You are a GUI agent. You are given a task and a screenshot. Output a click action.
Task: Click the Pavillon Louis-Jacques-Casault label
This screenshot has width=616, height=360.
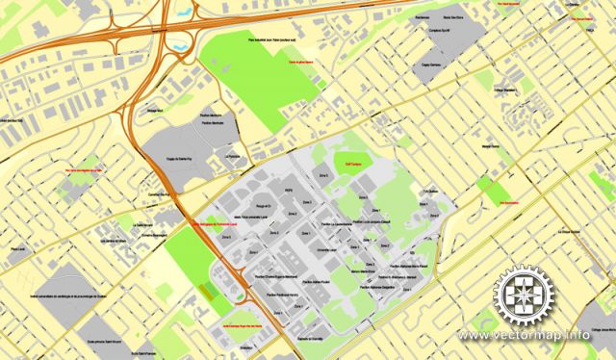pyautogui.click(x=348, y=220)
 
